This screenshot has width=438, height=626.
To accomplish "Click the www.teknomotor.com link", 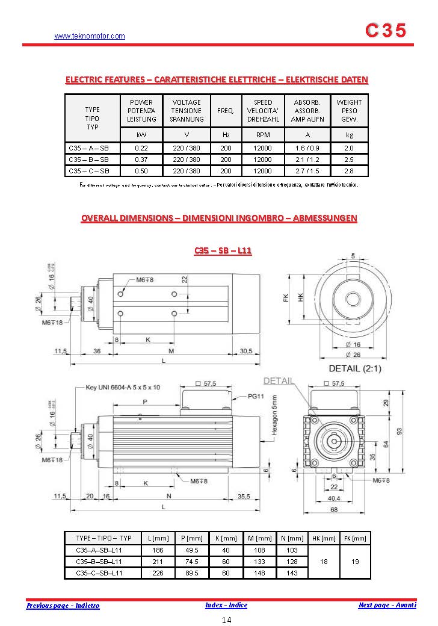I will [x=90, y=36].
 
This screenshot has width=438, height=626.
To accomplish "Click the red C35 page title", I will [x=386, y=31].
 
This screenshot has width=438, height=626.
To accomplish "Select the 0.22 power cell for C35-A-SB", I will [x=141, y=148].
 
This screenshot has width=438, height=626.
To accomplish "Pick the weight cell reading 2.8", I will [x=349, y=171].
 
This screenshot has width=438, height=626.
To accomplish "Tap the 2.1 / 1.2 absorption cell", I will [x=307, y=160].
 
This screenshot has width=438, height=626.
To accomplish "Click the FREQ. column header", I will [x=226, y=111].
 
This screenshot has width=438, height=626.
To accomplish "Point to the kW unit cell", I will [x=141, y=135].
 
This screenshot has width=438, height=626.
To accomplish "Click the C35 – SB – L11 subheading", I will [x=223, y=250].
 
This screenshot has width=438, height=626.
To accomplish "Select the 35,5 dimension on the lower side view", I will [x=244, y=497].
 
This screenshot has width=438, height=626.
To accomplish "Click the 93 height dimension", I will [x=415, y=431].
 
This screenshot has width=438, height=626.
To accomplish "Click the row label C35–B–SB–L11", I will [x=99, y=562].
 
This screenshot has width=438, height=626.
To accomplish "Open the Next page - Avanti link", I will [x=387, y=605].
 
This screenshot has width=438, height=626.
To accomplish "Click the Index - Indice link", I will [x=226, y=605].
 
